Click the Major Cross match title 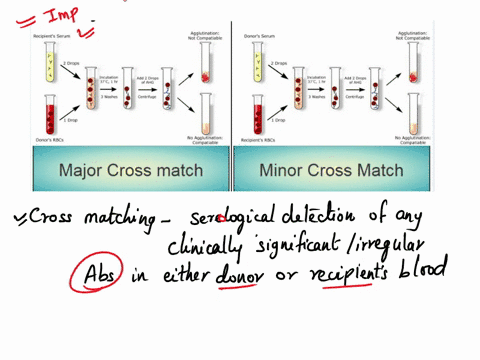click(130, 170)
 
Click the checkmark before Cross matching click(19, 216)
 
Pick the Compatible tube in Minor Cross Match click(412, 111)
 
